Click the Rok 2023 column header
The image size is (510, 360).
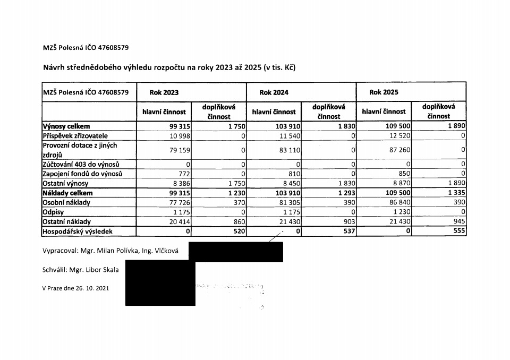[164, 92]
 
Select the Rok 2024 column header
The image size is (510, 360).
[274, 92]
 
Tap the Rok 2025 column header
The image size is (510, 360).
[384, 92]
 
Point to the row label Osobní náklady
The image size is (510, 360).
[66, 203]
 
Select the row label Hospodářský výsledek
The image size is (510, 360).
[78, 232]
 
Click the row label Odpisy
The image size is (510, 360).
[53, 212]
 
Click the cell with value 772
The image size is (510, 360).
[184, 174]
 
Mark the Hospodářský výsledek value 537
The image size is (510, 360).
[348, 232]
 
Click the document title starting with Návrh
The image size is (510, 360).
[169, 67]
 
